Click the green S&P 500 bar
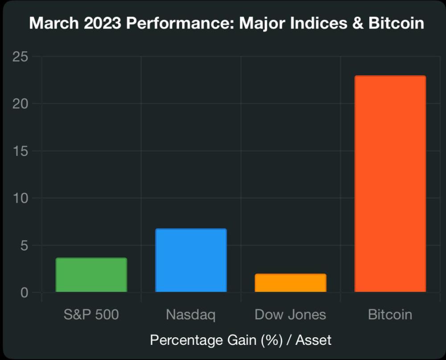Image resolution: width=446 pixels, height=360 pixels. click(91, 275)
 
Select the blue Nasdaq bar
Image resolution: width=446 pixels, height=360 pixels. click(191, 261)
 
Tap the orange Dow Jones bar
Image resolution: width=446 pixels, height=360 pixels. click(290, 283)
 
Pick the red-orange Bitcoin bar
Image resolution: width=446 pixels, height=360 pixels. click(390, 184)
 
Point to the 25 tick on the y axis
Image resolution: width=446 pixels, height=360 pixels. click(21, 57)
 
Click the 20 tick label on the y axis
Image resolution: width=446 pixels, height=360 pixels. click(21, 104)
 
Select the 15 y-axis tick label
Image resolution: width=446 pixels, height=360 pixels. click(21, 151)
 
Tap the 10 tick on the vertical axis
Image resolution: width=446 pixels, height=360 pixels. click(21, 198)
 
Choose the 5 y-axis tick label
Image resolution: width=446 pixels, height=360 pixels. click(24, 245)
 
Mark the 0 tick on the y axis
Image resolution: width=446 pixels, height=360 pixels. click(24, 293)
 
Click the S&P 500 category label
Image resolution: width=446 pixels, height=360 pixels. click(91, 315)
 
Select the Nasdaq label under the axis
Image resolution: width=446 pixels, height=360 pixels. click(191, 315)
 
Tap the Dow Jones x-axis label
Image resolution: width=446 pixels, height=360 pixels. click(290, 315)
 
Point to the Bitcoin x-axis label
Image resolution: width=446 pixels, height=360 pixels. click(390, 315)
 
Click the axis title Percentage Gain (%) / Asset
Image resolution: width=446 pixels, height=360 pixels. click(241, 340)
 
